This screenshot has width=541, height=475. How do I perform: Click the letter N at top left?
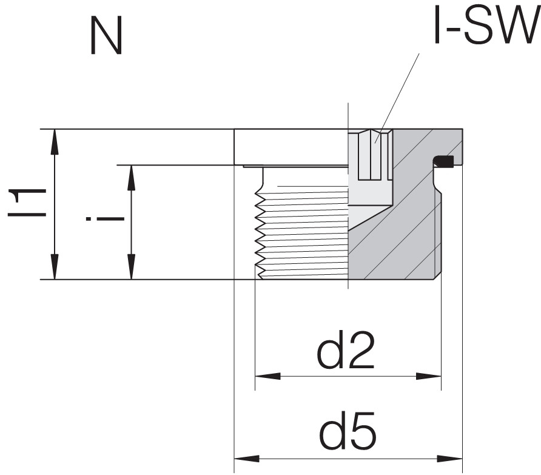click(106, 36)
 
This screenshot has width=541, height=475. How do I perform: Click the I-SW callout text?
click(487, 25)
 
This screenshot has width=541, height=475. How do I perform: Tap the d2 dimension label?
click(346, 350)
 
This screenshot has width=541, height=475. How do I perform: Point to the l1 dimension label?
click(27, 203)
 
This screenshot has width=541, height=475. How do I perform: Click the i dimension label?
click(104, 218)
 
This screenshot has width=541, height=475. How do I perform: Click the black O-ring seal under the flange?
click(444, 161)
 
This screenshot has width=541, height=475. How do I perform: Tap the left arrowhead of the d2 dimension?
click(267, 376)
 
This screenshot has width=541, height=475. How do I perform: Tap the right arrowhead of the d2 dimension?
click(429, 376)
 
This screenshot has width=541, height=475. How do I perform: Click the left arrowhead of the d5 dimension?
click(247, 459)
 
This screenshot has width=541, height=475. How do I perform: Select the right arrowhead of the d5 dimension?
click(450, 459)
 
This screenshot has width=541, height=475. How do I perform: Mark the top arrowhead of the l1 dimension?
click(55, 141)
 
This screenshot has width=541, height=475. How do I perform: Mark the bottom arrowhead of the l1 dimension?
click(55, 266)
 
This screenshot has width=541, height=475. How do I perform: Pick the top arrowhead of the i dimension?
click(131, 177)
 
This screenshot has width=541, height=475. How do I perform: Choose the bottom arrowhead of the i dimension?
click(131, 266)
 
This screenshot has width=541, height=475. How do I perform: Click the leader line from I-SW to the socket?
click(397, 98)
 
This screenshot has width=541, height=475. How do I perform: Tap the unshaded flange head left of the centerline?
click(291, 147)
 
